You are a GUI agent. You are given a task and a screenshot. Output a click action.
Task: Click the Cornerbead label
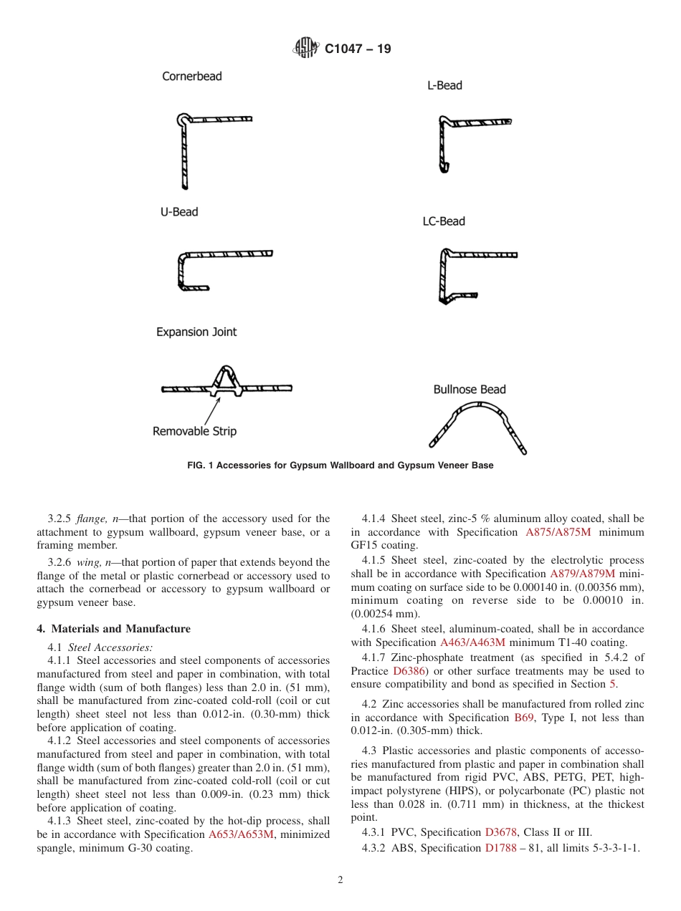click(192, 76)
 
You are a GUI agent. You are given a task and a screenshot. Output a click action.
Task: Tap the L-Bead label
click(444, 85)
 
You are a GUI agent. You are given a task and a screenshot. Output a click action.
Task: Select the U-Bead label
click(179, 212)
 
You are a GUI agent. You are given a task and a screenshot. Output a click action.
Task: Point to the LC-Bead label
click(444, 221)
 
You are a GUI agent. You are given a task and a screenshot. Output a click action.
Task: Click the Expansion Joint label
click(196, 332)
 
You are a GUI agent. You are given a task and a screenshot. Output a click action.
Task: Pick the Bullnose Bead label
click(470, 390)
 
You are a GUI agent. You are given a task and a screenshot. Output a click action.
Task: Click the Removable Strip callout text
click(194, 431)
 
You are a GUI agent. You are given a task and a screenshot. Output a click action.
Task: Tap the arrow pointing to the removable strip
click(212, 409)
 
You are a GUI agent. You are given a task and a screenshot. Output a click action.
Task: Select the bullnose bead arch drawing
click(478, 423)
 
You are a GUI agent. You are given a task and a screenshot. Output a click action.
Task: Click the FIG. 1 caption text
click(340, 466)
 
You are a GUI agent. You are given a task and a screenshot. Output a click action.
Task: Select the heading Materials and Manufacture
click(113, 629)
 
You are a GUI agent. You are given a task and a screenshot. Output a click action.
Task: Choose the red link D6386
click(409, 671)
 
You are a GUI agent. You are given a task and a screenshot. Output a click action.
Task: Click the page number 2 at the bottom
click(340, 880)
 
